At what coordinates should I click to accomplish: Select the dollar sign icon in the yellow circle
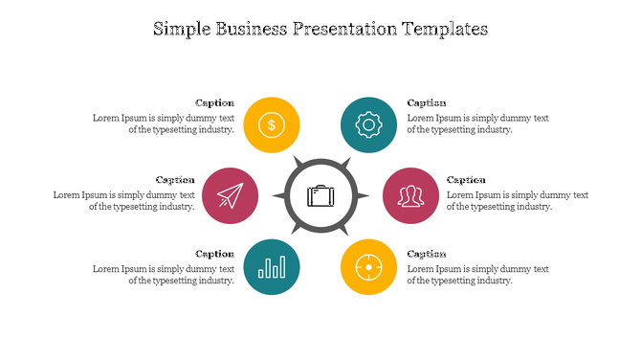pos(273,124)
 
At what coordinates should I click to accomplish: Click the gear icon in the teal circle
pos(368,124)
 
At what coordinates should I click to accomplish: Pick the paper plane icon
pos(230,195)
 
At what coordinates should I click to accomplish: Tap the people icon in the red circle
pos(411,195)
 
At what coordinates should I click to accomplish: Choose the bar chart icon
pos(273,266)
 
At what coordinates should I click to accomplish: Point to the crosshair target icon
pos(368,266)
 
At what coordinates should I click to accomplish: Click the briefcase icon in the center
pos(320,196)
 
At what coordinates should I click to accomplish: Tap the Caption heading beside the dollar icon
pos(214,103)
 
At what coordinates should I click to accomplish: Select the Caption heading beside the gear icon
pos(427,103)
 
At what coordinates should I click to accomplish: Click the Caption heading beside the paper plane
pos(175,180)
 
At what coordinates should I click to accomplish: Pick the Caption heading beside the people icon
pos(466,180)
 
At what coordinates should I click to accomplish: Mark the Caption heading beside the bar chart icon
pos(214,254)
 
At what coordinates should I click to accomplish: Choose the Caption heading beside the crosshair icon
pos(427,254)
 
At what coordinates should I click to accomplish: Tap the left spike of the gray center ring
pos(279,196)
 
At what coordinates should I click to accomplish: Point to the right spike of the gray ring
pos(364,196)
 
